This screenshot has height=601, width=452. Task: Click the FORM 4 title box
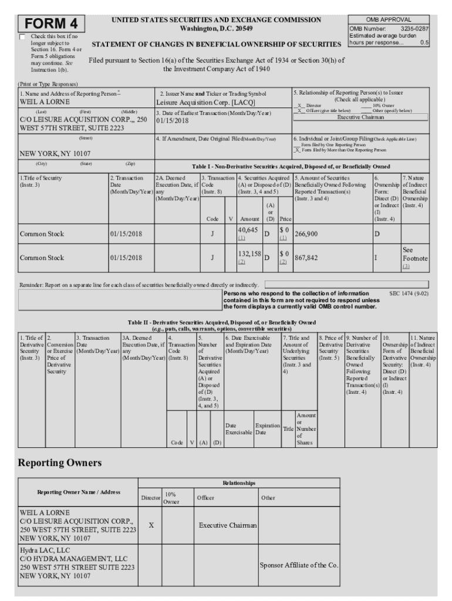(51, 24)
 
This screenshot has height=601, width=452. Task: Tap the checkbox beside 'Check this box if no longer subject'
(22, 37)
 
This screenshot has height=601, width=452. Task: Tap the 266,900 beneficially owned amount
(306, 234)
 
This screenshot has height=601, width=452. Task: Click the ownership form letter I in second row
(376, 257)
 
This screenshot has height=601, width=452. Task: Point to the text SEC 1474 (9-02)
(409, 293)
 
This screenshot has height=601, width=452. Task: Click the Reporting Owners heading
(60, 463)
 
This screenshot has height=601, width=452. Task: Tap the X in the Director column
(151, 525)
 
